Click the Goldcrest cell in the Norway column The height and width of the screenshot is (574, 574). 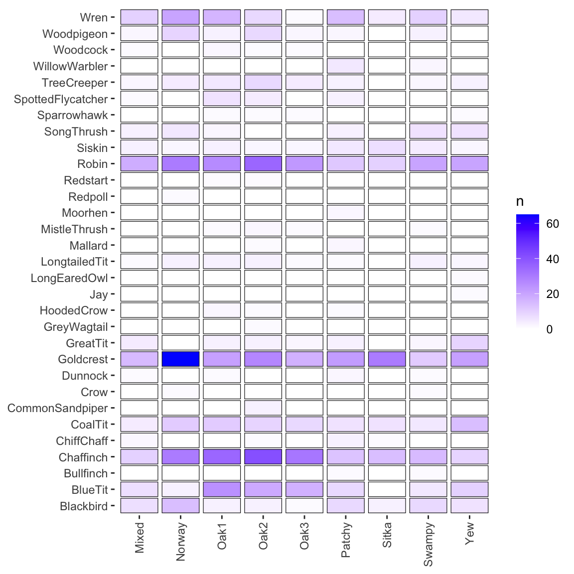pos(180,359)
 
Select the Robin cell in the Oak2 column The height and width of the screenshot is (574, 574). pos(263,164)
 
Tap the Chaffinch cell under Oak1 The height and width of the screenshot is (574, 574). pos(222,457)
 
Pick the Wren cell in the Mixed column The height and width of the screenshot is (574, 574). pos(139,17)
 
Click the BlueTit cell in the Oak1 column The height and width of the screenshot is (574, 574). pos(222,489)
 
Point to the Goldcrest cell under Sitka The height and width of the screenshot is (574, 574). pos(387,359)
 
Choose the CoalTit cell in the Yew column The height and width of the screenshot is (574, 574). pos(469,425)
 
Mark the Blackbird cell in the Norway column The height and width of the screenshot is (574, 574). pos(180,506)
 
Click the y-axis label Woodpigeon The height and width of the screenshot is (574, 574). pos(75,34)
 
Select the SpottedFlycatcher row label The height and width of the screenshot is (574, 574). pos(61,99)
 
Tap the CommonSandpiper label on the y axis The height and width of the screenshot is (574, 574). pos(58,408)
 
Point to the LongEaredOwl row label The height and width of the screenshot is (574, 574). pos(69,278)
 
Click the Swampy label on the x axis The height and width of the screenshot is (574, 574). pos(428,545)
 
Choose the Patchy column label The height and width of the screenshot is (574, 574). pos(346,541)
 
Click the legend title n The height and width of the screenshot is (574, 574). pos(520,202)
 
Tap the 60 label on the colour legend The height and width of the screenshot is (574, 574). pos(553,224)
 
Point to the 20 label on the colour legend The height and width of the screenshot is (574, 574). pos(553,294)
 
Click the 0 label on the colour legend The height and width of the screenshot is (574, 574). pos(550,329)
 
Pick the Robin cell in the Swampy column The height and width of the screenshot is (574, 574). pos(428,164)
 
